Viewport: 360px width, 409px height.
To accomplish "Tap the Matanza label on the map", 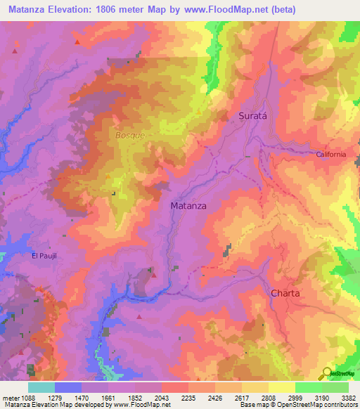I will pos(188,206).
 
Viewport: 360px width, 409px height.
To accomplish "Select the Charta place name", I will pos(286,293).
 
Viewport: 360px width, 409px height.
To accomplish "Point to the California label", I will pos(331,154).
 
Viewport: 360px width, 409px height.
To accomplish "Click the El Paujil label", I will pos(44,256).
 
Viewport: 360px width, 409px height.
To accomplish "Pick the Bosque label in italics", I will pos(130,134).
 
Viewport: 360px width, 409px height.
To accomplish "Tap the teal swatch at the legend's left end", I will pos(41,387).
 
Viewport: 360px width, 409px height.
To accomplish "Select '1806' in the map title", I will pos(117,10).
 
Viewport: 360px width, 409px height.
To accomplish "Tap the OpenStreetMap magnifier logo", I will pos(326,373).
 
